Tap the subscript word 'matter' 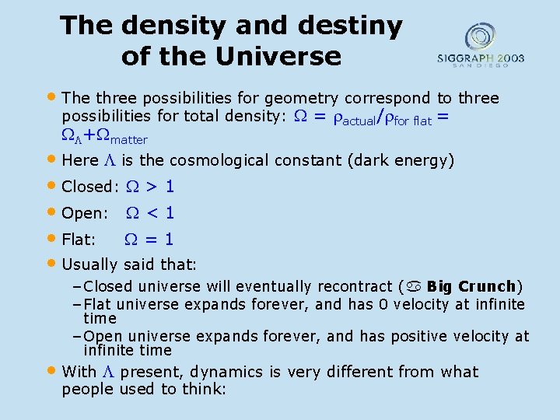(x=128, y=139)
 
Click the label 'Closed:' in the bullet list (x=89, y=187)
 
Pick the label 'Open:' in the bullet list (x=85, y=213)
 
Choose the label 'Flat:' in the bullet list (x=79, y=240)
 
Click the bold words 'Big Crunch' (x=471, y=286)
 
